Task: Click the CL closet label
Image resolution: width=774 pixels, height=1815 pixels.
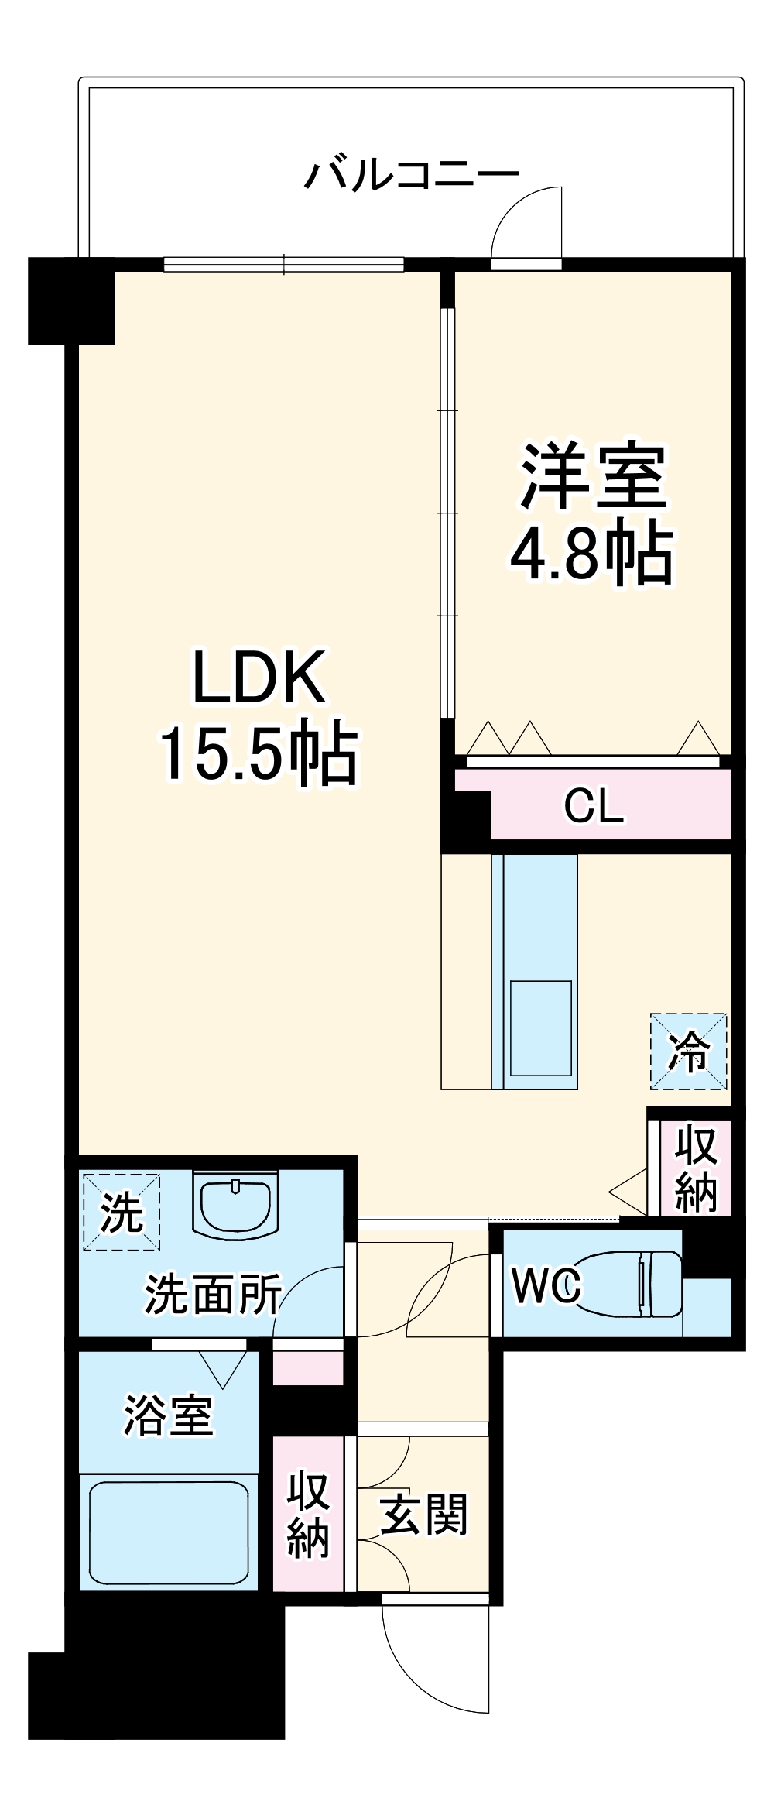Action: tap(593, 807)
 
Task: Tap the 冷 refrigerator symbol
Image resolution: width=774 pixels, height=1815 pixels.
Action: tap(688, 1052)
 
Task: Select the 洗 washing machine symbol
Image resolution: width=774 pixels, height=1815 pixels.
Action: tap(122, 1212)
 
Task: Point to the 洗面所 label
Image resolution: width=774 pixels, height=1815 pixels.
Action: tap(212, 1293)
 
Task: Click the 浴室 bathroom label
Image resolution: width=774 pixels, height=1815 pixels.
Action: tap(168, 1415)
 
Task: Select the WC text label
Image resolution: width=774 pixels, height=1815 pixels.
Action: tap(546, 1286)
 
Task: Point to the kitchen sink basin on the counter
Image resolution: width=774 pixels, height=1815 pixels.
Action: tap(540, 1027)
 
